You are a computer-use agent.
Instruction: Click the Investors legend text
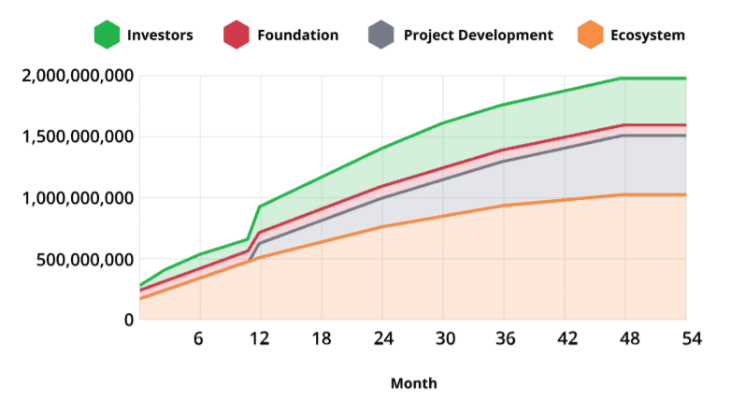pyautogui.click(x=160, y=36)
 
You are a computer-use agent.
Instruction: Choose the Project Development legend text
pyautogui.click(x=478, y=36)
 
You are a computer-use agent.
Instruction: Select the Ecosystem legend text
pyautogui.click(x=647, y=36)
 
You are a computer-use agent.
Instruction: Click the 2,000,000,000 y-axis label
pyautogui.click(x=77, y=76)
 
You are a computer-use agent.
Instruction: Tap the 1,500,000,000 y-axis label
pyautogui.click(x=77, y=137)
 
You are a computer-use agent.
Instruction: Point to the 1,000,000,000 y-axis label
pyautogui.click(x=77, y=198)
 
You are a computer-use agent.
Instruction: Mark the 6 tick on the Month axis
pyautogui.click(x=198, y=337)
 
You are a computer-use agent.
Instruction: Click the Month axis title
pyautogui.click(x=412, y=383)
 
